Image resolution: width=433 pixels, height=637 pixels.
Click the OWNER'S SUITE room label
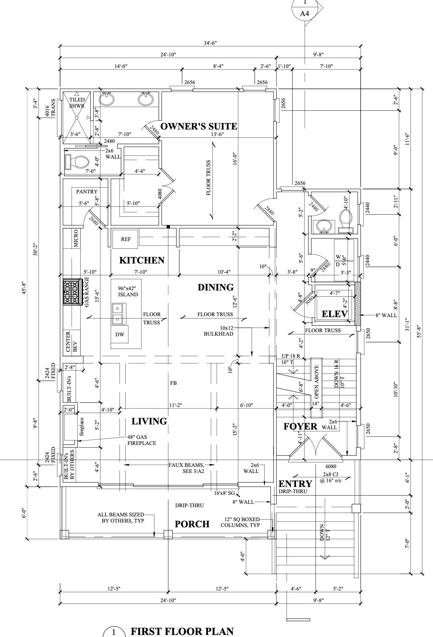point(198,126)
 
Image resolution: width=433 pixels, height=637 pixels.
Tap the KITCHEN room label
point(142,260)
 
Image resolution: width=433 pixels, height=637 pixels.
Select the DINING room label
point(215,287)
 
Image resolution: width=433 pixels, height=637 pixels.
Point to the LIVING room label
point(149,421)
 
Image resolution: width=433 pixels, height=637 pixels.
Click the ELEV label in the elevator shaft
point(335,314)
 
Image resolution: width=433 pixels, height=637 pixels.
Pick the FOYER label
point(300,426)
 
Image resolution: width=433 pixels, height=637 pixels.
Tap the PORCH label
point(192,524)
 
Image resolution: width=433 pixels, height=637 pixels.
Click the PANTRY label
point(87,192)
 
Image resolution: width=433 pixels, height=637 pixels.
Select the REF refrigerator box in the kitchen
point(126,239)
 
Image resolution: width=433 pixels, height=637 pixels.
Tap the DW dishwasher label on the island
point(120,335)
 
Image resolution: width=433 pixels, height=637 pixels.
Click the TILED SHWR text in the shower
point(77,103)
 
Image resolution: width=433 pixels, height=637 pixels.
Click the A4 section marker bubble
point(305,13)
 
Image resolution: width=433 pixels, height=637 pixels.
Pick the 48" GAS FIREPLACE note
point(142,440)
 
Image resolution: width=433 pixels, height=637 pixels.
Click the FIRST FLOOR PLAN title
point(182,631)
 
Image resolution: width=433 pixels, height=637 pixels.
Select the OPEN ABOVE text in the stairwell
point(317,382)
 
